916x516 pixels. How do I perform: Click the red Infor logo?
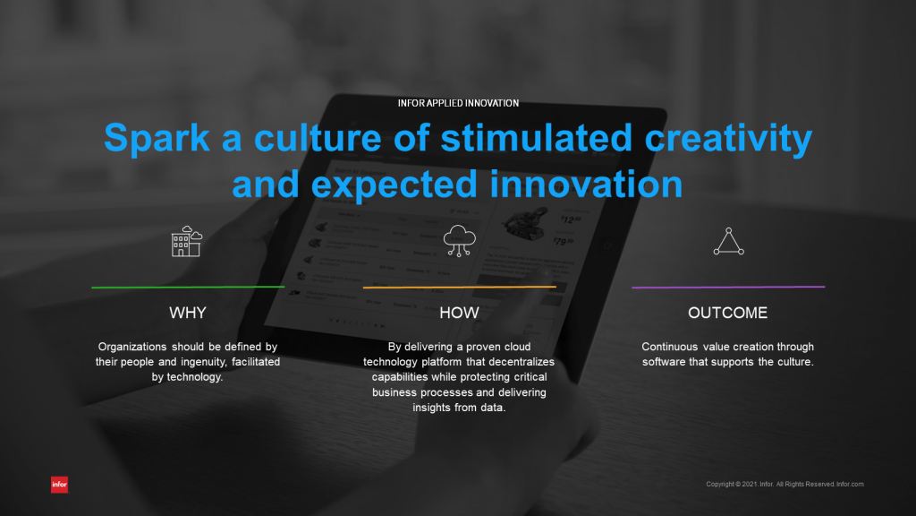(60, 485)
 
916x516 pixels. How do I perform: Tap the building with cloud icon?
(187, 241)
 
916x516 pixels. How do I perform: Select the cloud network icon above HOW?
(459, 241)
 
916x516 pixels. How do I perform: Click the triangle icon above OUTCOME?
(728, 241)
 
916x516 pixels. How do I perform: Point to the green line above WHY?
(188, 288)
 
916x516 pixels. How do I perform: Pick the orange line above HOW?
(459, 288)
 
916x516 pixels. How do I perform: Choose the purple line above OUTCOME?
(728, 288)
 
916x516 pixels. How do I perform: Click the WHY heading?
(188, 313)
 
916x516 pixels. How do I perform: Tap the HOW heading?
(459, 313)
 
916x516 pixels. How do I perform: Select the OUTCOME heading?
(728, 313)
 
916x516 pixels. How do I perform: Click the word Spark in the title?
(157, 138)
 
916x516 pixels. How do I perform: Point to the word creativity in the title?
(728, 139)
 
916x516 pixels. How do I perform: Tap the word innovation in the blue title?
(586, 185)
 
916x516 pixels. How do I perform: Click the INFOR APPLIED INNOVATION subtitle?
(459, 104)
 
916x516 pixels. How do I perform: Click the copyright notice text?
(785, 485)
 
